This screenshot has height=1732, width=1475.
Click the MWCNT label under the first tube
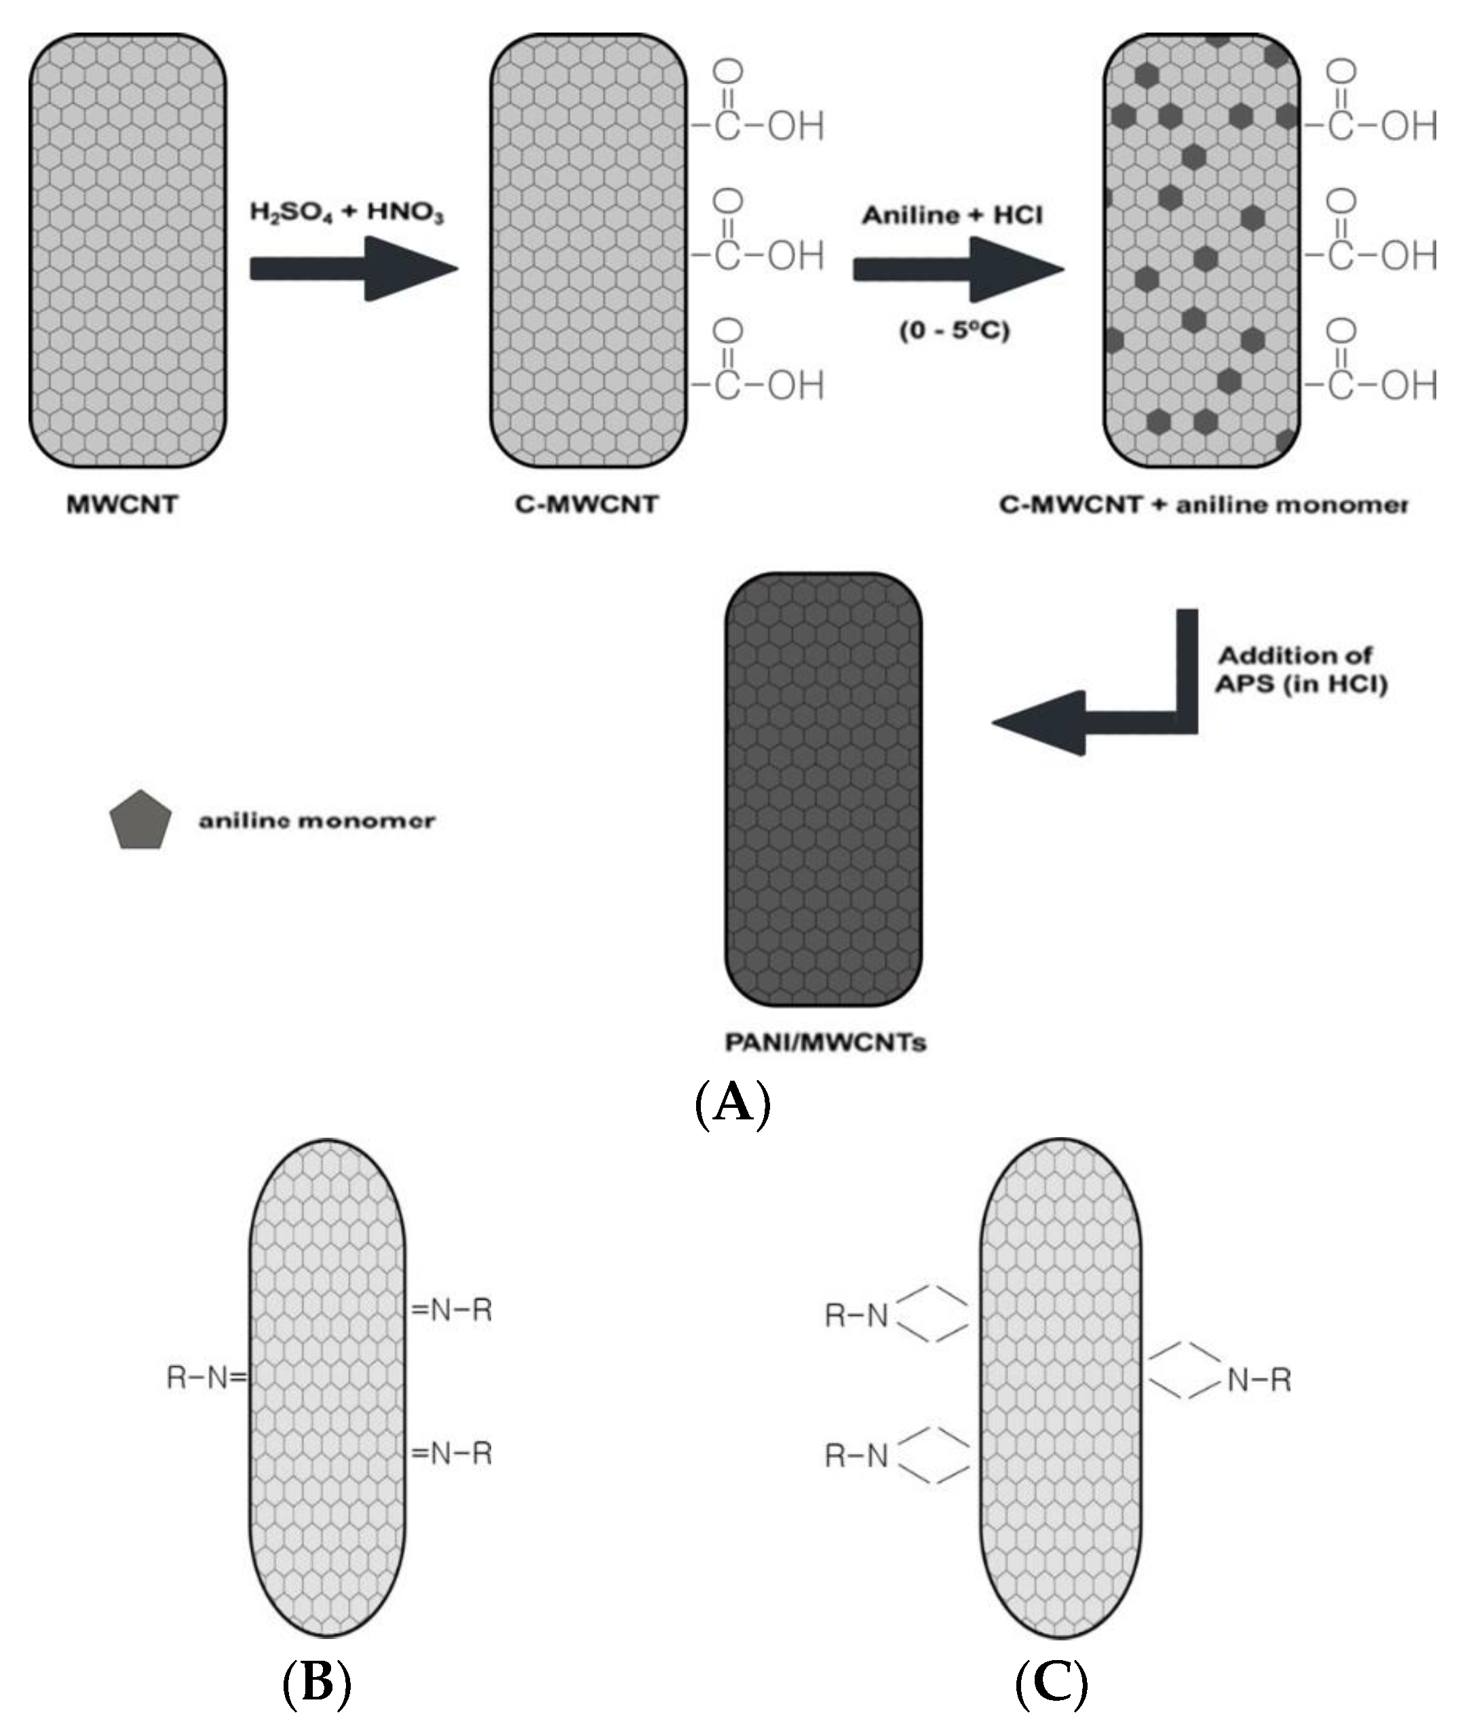click(122, 505)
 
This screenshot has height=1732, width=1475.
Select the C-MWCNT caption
click(587, 505)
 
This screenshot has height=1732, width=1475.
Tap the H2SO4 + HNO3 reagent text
click(347, 212)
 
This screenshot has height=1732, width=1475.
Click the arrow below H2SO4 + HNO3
click(353, 269)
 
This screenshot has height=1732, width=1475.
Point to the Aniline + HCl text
click(953, 216)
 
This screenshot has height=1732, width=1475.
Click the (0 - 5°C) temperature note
click(954, 331)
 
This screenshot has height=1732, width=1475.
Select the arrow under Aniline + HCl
click(957, 269)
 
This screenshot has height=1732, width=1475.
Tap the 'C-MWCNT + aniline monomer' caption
click(1203, 505)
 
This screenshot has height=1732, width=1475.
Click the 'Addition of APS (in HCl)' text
click(1301, 670)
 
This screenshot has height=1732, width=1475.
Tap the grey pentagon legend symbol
click(140, 821)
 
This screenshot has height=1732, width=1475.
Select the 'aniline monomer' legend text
click(317, 821)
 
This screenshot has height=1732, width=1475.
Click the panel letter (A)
click(733, 1103)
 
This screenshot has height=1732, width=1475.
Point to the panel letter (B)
click(317, 1682)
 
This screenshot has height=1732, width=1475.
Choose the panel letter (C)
click(1051, 1682)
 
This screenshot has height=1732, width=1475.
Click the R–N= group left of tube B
click(206, 1377)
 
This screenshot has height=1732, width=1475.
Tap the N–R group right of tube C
click(1259, 1379)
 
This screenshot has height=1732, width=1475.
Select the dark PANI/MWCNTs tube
click(824, 790)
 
